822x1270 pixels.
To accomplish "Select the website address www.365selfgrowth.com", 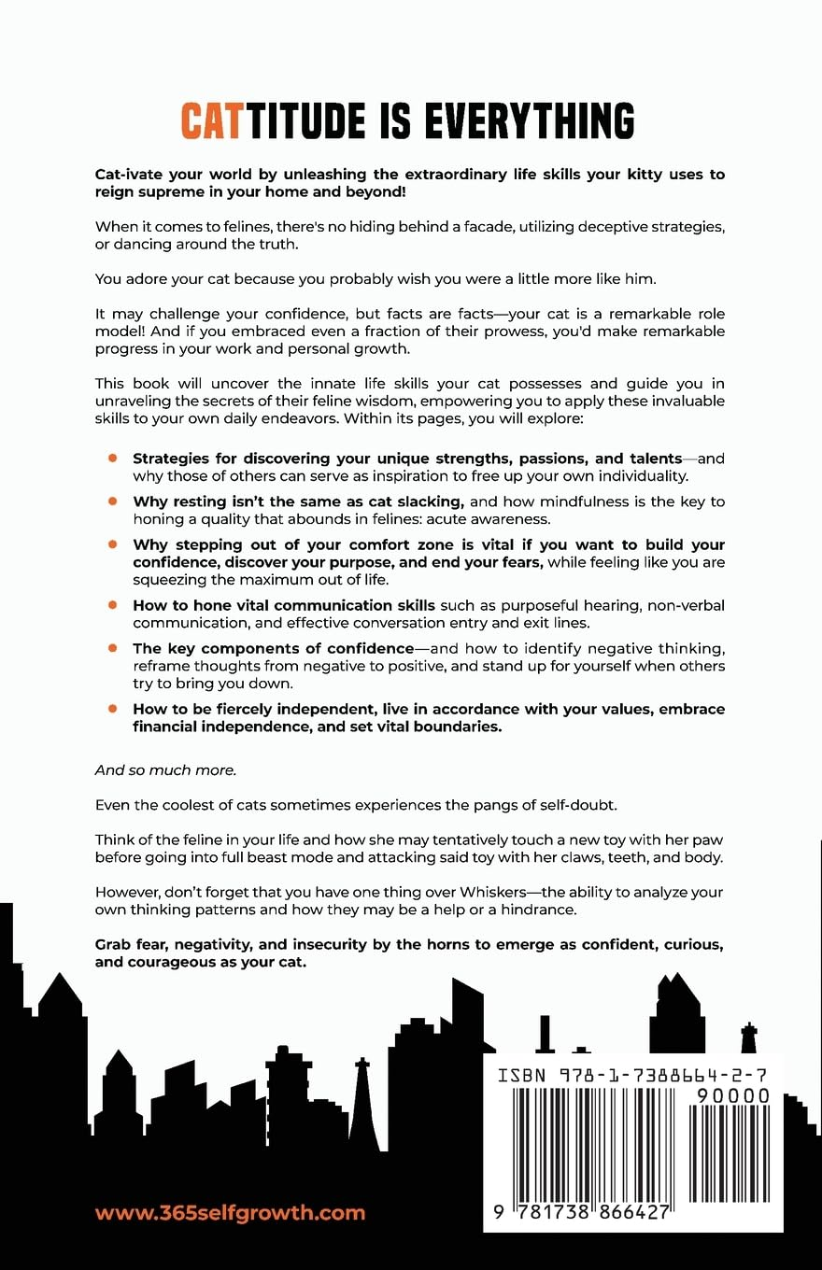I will pos(230,1213).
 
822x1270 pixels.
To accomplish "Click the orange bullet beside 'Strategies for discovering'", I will pos(112,458).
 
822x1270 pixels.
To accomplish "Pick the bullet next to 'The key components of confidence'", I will pos(112,647).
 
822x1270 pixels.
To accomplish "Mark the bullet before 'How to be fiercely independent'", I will pos(112,709).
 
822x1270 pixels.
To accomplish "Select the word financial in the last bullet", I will pos(171,727).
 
